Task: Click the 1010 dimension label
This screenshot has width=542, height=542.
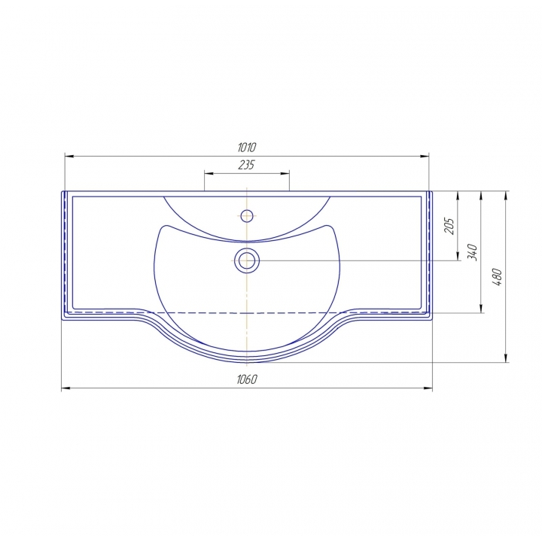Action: [247, 148]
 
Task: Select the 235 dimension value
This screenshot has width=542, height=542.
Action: [246, 165]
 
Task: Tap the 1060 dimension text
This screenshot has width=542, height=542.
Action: [247, 379]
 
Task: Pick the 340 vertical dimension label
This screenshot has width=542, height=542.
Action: [472, 252]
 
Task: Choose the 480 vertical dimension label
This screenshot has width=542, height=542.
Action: [497, 277]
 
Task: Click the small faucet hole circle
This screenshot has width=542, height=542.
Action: [247, 216]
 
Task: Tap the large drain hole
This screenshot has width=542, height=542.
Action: [247, 260]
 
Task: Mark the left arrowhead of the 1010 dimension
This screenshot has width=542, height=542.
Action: [69, 157]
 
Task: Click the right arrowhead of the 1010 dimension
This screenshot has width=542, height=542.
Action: [425, 157]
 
